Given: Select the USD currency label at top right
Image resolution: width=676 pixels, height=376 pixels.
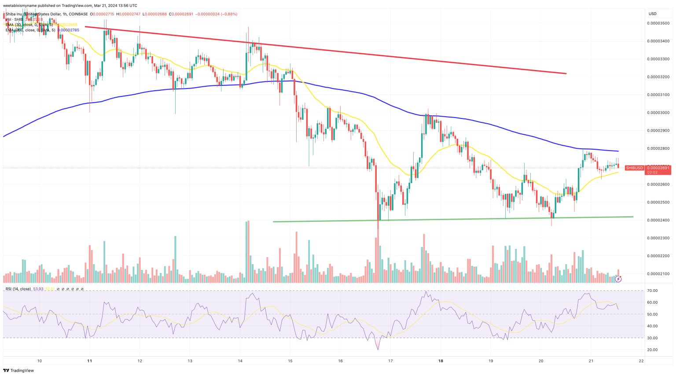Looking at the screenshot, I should (x=652, y=14).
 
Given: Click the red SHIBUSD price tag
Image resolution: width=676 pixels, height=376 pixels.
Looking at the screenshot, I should (x=635, y=168).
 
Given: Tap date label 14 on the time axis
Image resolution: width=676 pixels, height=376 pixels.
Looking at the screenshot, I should (x=240, y=361).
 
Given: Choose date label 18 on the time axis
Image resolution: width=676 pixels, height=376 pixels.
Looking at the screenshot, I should (x=441, y=361).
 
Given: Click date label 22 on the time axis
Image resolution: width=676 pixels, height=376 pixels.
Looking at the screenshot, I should (x=641, y=361).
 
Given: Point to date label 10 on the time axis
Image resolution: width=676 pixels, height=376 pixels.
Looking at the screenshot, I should (x=39, y=361).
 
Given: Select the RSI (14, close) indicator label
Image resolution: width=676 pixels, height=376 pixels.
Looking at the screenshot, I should (x=18, y=289).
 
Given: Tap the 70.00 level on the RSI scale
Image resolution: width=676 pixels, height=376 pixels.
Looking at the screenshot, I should (x=652, y=291).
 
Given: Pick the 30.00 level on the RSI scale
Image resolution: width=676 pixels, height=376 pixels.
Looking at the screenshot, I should (x=652, y=338).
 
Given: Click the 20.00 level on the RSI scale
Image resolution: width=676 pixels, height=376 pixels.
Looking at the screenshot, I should (x=652, y=350).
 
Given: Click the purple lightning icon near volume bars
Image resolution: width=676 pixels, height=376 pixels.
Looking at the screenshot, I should (x=618, y=279).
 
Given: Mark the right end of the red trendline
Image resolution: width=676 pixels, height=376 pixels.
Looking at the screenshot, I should (x=566, y=74).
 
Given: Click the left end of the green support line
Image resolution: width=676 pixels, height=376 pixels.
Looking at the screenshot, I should (x=273, y=221).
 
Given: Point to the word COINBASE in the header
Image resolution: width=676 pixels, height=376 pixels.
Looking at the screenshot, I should (x=78, y=14).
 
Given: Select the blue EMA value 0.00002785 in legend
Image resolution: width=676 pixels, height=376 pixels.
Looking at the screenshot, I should (x=68, y=30).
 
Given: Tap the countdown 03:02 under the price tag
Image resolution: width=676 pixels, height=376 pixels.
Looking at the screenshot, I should (x=652, y=172).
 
